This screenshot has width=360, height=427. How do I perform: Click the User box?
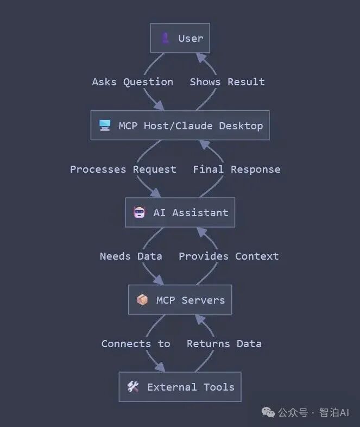click(180, 39)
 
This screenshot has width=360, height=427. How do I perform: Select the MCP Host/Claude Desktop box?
click(180, 125)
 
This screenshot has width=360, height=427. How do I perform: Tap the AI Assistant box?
click(180, 212)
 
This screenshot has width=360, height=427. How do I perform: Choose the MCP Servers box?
click(180, 300)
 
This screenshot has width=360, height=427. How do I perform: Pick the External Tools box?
click(180, 387)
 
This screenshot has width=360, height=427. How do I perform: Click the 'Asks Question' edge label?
click(132, 82)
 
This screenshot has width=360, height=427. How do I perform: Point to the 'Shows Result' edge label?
click(227, 82)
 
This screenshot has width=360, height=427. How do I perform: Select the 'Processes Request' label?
click(123, 169)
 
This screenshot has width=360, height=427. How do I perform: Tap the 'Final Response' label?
click(237, 169)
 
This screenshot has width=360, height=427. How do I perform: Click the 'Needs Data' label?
click(131, 256)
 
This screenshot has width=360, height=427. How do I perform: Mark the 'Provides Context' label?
click(229, 256)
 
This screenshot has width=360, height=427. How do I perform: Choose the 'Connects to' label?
click(136, 344)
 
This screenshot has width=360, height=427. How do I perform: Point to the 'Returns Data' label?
click(224, 344)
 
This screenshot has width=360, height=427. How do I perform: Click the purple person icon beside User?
click(165, 39)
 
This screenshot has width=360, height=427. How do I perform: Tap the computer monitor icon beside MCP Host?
click(105, 125)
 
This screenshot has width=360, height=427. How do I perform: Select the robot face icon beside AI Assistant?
click(140, 212)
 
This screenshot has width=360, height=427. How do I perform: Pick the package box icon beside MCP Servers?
click(142, 300)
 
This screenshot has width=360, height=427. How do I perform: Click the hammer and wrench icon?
click(133, 387)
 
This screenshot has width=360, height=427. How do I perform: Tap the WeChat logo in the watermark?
click(268, 412)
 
